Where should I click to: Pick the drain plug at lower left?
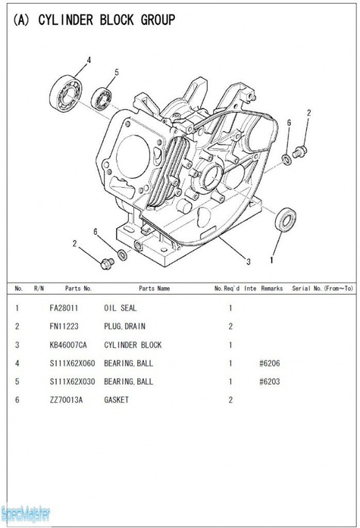coord(106,262)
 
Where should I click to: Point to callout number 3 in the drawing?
coord(248,262)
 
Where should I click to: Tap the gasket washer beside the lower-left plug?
coord(123,253)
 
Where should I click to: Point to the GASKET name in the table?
coord(117,399)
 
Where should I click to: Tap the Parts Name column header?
coord(154,289)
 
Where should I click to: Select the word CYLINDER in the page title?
coord(66,20)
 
